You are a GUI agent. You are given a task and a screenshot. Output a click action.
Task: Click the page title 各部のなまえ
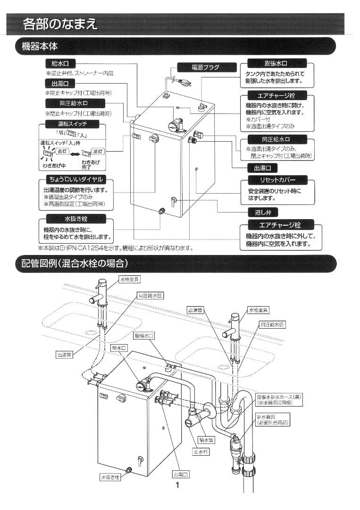(x=60, y=24)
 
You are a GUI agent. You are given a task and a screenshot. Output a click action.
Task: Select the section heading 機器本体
(x=40, y=46)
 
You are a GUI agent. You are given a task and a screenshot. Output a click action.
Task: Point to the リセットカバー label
(x=277, y=180)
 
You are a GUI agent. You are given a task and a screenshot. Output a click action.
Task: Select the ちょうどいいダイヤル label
(x=72, y=179)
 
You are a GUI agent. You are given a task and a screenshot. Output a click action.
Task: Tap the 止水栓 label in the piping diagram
(x=201, y=452)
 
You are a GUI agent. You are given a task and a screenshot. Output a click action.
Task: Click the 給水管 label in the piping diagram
(x=207, y=440)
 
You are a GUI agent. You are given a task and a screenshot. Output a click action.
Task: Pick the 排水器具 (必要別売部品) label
(x=273, y=420)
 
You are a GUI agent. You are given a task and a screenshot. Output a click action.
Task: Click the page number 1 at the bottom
(x=177, y=485)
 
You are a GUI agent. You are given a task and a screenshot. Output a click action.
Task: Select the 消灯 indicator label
(x=98, y=152)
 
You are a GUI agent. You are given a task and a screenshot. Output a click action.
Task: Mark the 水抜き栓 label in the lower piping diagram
(x=110, y=477)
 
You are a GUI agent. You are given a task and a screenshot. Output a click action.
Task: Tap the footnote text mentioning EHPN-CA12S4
(x=116, y=248)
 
